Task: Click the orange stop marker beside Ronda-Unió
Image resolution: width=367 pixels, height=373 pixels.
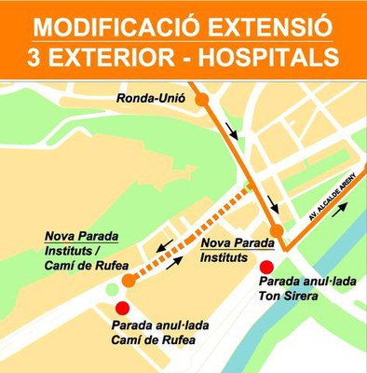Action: (x=202, y=98)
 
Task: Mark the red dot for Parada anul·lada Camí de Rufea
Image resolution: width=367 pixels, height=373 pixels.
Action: (x=119, y=310)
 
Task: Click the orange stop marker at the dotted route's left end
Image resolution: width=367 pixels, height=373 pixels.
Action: (x=130, y=277)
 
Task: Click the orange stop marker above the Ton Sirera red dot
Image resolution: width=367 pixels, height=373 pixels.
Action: (x=277, y=230)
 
